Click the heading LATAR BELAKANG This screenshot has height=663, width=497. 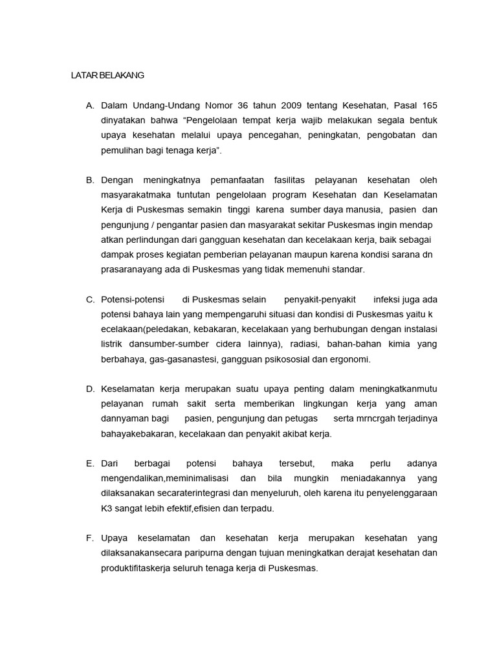107,75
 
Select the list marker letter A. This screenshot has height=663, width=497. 90,106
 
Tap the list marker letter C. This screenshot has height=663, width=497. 90,299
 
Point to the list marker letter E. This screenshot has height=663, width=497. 90,464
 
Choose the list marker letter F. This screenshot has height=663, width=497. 90,538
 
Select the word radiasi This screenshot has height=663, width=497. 302,344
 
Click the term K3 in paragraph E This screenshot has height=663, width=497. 107,508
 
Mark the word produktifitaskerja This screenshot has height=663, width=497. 137,568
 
